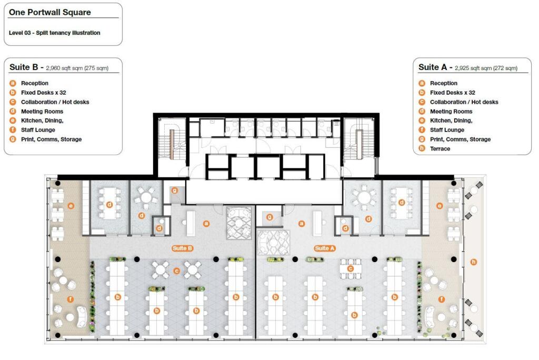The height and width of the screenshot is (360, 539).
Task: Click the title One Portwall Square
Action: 50,12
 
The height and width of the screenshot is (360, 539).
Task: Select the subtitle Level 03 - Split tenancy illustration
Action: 54,33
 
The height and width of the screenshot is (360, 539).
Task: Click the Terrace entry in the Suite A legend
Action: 440,149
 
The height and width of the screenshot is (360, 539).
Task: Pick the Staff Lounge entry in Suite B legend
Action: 38,130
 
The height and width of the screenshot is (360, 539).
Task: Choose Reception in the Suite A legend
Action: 444,83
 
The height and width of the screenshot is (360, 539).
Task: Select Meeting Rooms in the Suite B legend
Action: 42,112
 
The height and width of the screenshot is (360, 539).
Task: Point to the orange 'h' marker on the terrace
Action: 473,262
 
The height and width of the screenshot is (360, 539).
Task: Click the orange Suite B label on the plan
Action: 182,248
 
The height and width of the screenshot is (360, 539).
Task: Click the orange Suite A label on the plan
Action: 325,248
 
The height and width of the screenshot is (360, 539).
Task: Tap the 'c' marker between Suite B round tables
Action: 177,272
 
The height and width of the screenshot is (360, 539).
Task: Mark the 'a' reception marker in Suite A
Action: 302,223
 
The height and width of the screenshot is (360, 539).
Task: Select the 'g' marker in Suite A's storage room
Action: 269,216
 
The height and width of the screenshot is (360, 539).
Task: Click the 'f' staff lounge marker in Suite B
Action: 70,299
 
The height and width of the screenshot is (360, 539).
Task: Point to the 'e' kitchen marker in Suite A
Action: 440,206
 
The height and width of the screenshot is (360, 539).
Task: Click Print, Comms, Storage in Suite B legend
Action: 51,139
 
